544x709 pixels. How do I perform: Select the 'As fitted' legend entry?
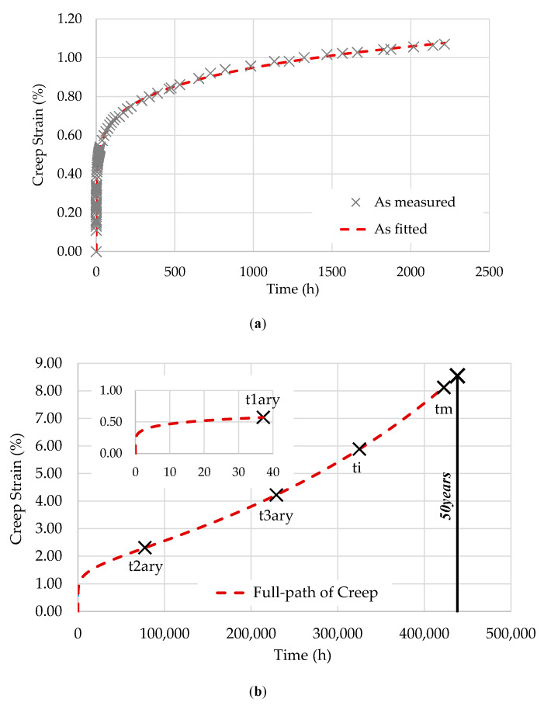point(414,229)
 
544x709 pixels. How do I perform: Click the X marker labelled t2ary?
point(144,548)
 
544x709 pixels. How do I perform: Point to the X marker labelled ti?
point(359,449)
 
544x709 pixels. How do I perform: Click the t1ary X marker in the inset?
point(264,417)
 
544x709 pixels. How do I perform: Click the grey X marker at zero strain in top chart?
point(96,251)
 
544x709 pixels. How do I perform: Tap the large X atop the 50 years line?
point(457,375)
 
